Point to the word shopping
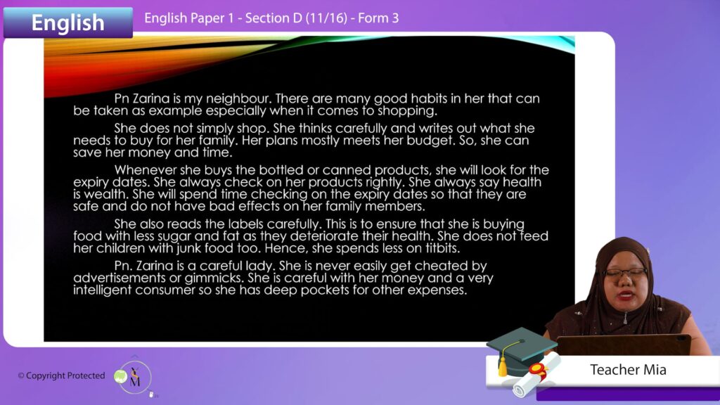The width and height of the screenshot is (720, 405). [407, 111]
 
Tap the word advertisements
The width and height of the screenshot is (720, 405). [120, 278]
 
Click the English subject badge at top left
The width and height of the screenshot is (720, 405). [68, 22]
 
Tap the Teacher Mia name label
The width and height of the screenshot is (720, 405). [628, 370]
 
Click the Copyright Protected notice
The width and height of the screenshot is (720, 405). [62, 375]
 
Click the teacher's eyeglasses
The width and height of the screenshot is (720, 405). [625, 273]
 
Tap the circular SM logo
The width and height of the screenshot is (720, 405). [134, 378]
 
